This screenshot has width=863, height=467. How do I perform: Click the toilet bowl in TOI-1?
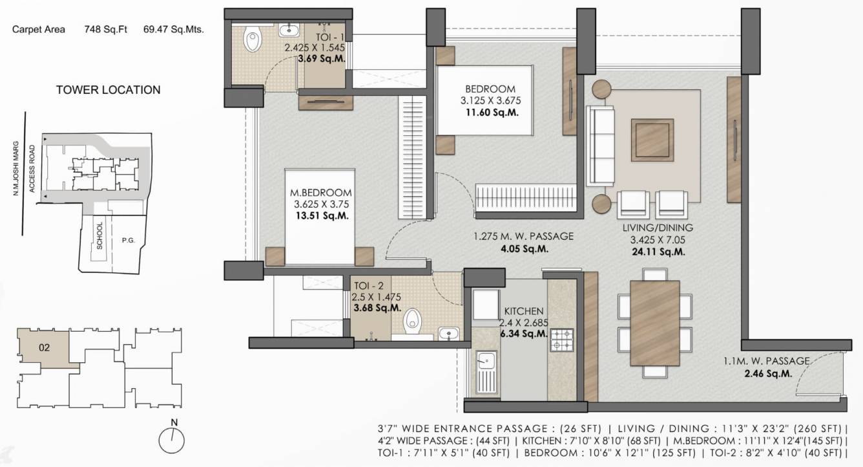(253, 39)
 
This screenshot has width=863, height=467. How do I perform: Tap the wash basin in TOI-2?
(448, 333)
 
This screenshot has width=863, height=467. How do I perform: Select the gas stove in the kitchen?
(562, 340)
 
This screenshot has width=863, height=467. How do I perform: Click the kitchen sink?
(486, 372)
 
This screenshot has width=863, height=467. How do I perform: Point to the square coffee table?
(652, 140)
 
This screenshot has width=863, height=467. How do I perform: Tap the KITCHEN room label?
(524, 311)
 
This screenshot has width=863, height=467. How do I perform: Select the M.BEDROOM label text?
(320, 193)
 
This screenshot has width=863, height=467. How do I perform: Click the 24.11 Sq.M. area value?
(658, 252)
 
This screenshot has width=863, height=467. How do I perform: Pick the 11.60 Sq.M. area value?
(492, 113)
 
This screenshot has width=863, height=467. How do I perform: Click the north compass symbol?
(172, 439)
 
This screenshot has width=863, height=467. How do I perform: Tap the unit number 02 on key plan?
(45, 348)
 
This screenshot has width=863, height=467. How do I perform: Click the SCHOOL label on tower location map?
(99, 235)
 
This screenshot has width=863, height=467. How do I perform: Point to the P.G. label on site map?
(129, 240)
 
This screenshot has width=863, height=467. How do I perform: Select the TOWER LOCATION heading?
(109, 90)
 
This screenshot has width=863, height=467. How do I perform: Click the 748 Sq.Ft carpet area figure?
(105, 29)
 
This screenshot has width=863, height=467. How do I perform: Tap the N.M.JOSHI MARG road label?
(16, 169)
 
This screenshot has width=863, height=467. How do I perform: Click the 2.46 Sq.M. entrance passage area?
(768, 373)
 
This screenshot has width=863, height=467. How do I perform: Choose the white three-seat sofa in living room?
(600, 146)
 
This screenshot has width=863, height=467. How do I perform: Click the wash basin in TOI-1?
(289, 30)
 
